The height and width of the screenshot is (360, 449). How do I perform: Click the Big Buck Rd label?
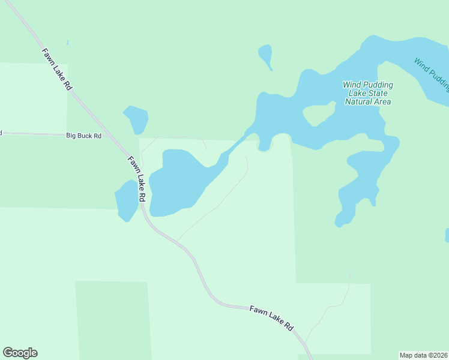(x=83, y=136)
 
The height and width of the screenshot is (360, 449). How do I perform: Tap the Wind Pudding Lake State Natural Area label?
(x=367, y=93)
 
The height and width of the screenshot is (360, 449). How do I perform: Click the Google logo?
(x=20, y=353)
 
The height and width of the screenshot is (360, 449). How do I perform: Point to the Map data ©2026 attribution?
(x=423, y=355)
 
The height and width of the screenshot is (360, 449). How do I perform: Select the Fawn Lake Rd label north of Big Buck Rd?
(x=57, y=69)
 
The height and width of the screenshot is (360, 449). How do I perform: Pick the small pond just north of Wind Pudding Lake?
(x=266, y=55)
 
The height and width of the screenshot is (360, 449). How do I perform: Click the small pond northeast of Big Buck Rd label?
(x=136, y=118)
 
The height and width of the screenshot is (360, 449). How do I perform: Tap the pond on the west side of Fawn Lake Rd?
(x=126, y=200)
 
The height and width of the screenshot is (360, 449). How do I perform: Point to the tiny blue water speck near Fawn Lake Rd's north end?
(x=68, y=43)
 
